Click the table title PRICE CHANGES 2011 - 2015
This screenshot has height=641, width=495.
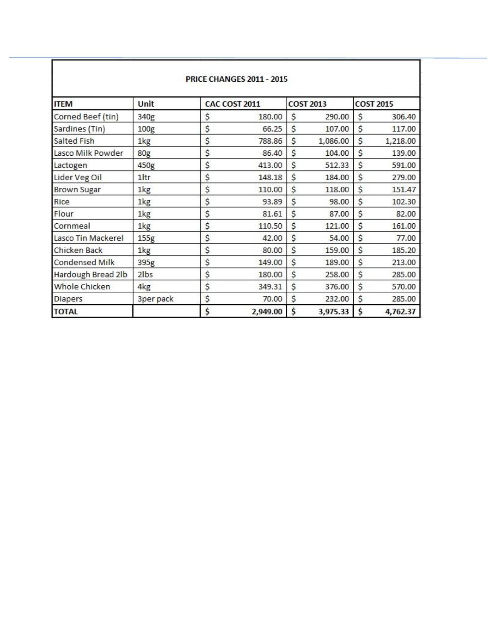pos(236,79)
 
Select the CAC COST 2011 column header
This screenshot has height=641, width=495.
pos(232,104)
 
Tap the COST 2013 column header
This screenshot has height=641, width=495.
pos(307,104)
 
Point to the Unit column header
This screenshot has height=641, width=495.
pos(146,104)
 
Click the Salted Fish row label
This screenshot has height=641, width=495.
pos(74,141)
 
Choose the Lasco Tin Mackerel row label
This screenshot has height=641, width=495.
pos(89,238)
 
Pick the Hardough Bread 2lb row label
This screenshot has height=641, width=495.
pos(91,274)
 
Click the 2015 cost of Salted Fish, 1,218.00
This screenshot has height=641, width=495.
pos(400,141)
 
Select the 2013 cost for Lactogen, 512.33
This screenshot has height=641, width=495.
pos(337,165)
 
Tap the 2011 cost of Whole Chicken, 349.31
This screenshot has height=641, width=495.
pos(270,286)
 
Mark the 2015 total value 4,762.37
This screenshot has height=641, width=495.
pos(400,311)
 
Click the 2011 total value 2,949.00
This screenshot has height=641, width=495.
pos(267,311)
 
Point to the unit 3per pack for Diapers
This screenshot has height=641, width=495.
pos(155,299)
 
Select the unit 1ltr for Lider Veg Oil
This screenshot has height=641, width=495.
pos(144,177)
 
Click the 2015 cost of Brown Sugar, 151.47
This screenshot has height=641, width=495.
pos(404,190)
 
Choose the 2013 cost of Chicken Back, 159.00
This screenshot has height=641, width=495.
pos(337,250)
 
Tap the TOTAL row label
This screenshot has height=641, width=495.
pos(66,311)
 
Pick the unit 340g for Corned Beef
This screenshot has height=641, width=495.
pos(146,117)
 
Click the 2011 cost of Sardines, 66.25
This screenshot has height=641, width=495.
pos(272,129)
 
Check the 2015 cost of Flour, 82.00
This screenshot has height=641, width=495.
pos(406,214)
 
